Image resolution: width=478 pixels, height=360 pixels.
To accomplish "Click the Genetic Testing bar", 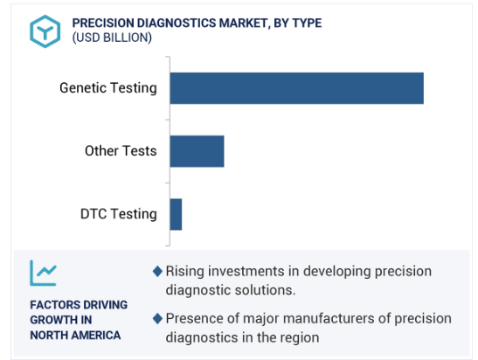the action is [x=296, y=88].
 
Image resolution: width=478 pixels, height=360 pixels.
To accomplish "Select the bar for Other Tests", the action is [x=197, y=151].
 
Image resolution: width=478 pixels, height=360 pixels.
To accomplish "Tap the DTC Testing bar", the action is [x=176, y=214].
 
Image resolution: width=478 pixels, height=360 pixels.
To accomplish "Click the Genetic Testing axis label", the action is [x=108, y=88].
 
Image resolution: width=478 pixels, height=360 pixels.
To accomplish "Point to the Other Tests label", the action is [x=121, y=151].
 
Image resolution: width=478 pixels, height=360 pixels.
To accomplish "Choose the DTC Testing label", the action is [x=119, y=214].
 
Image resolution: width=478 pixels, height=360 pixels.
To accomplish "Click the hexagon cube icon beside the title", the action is [x=45, y=31].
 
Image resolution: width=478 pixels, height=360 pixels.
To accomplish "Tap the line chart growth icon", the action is [x=44, y=273].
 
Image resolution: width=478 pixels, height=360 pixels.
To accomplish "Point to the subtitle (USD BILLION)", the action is [x=112, y=38].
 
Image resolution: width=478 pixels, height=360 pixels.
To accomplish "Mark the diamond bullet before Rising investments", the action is [x=157, y=271].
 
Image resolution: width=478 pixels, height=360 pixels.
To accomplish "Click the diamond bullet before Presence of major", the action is [x=157, y=319].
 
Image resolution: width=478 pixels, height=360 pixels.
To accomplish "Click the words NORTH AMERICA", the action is [x=75, y=336].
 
